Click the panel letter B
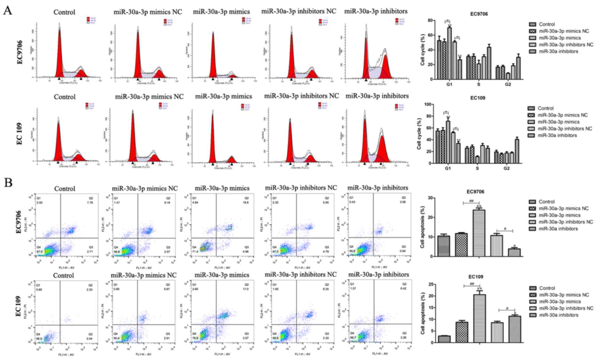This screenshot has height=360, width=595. click(8, 183)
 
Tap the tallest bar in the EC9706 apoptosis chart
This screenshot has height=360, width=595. click(479, 233)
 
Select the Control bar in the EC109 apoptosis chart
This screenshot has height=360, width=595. click(444, 339)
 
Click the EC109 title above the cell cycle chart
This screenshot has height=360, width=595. click(478, 98)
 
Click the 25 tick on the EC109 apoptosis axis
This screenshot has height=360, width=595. click(429, 284)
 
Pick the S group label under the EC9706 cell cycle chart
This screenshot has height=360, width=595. click(479, 84)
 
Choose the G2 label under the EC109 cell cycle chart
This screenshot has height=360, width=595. click(506, 168)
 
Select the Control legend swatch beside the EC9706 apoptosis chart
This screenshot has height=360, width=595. click(532, 202)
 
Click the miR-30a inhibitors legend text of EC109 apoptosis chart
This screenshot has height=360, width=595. click(559, 315)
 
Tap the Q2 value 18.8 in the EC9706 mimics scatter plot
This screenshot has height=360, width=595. click(246, 203)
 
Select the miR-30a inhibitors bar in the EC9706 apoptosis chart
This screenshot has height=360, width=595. click(514, 252)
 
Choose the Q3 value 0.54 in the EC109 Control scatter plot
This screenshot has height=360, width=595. click(89, 338)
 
